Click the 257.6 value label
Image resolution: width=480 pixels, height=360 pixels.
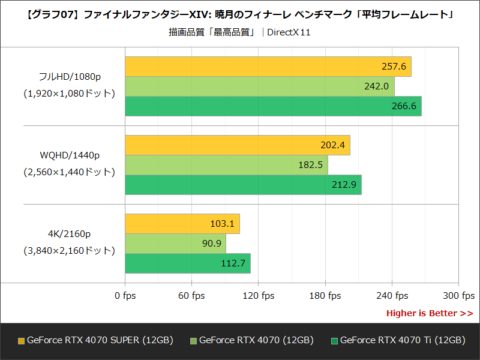click(x=394, y=67)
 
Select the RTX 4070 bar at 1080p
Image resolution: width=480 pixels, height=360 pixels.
click(x=259, y=86)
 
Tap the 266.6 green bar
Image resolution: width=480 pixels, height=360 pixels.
click(x=273, y=106)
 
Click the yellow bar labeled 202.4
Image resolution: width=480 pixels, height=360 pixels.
click(x=237, y=145)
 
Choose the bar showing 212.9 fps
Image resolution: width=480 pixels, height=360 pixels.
click(x=243, y=185)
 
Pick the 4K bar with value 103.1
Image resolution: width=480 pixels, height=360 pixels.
click(x=182, y=224)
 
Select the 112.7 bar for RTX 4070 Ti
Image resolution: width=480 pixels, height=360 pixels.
click(x=187, y=263)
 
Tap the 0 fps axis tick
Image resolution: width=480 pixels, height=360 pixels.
click(x=125, y=295)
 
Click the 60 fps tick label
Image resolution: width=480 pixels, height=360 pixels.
click(x=192, y=295)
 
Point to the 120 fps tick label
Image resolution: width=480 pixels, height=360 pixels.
click(x=259, y=295)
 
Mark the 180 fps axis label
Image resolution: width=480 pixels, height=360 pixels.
click(x=325, y=295)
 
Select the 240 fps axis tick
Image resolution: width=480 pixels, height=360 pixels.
click(x=392, y=295)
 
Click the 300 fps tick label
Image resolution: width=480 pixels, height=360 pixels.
click(x=459, y=295)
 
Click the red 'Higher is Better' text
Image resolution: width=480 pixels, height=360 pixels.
click(x=429, y=313)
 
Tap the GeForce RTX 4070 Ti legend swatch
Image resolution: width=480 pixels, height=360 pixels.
click(x=334, y=341)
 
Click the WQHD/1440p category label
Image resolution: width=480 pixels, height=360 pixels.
click(x=70, y=155)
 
